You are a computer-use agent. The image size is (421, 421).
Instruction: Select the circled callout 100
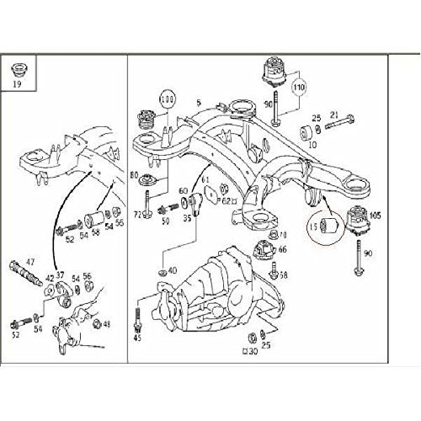167,101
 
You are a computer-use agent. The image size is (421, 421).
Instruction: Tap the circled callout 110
299,88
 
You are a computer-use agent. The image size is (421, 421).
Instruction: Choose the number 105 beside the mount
375,216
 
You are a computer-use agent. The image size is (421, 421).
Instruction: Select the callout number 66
282,250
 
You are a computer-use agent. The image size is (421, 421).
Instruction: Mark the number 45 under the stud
137,338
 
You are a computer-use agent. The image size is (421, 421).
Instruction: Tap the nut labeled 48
97,323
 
